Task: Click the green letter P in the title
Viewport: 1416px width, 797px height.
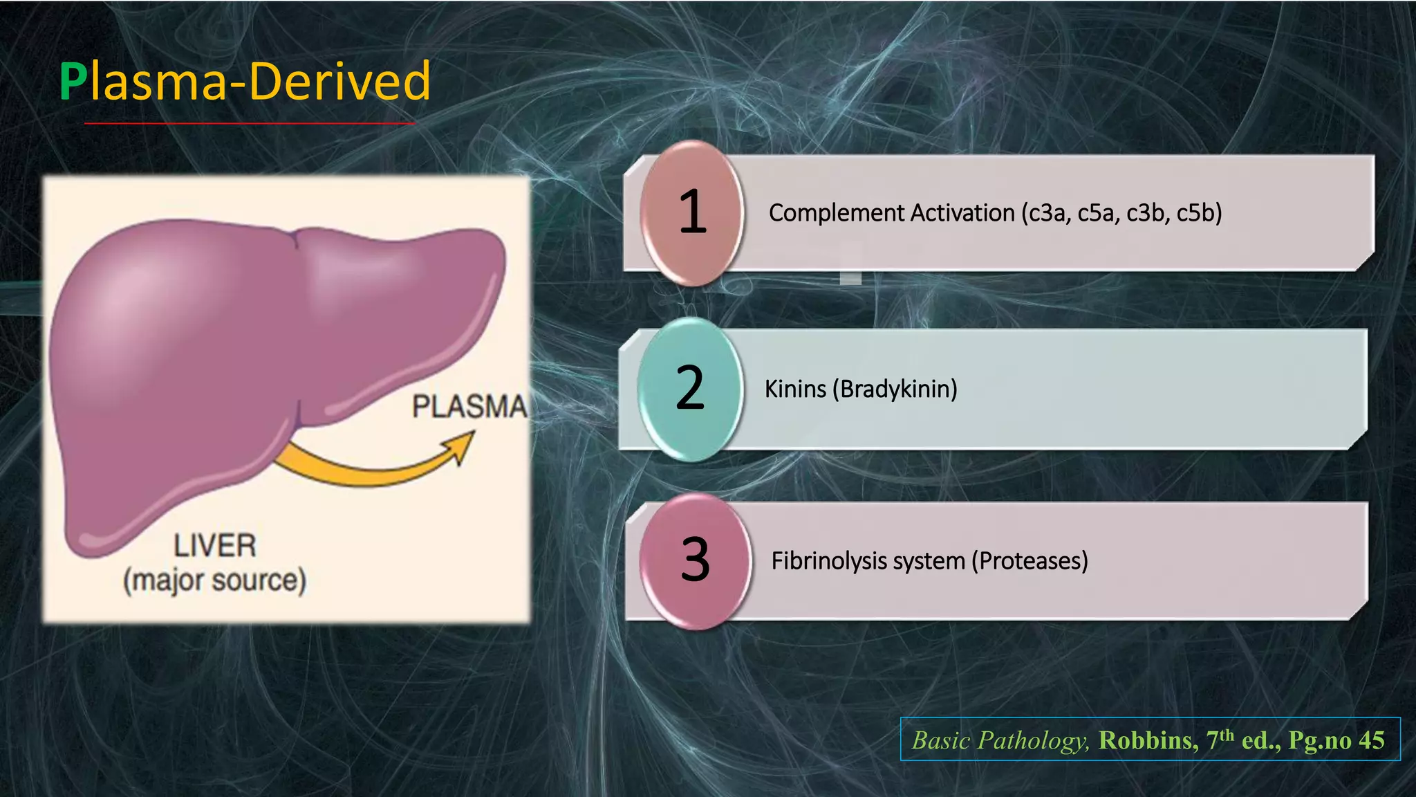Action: coord(73,82)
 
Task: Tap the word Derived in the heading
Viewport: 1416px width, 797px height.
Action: coord(339,82)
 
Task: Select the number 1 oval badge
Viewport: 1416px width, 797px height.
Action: coord(692,212)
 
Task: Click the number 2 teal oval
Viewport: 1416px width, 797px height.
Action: coord(689,389)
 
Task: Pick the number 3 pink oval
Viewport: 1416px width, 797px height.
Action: coord(695,560)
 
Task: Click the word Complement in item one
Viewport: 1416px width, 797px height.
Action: coord(821,213)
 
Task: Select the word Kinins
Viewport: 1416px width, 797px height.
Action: coord(795,390)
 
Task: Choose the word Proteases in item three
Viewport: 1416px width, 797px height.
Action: coord(1030,560)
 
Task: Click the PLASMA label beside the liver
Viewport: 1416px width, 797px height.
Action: coord(469,406)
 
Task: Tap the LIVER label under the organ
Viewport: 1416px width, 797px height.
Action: coord(214,546)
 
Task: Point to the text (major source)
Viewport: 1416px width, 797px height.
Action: coord(214,580)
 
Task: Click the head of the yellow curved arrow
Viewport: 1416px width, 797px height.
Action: coord(463,446)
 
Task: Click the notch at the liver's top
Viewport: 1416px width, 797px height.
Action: coord(296,239)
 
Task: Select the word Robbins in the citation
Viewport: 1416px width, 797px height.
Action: coord(1148,740)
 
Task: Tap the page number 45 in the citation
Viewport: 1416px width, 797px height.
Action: coord(1371,740)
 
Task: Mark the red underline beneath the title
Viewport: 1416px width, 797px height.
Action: coord(249,123)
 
